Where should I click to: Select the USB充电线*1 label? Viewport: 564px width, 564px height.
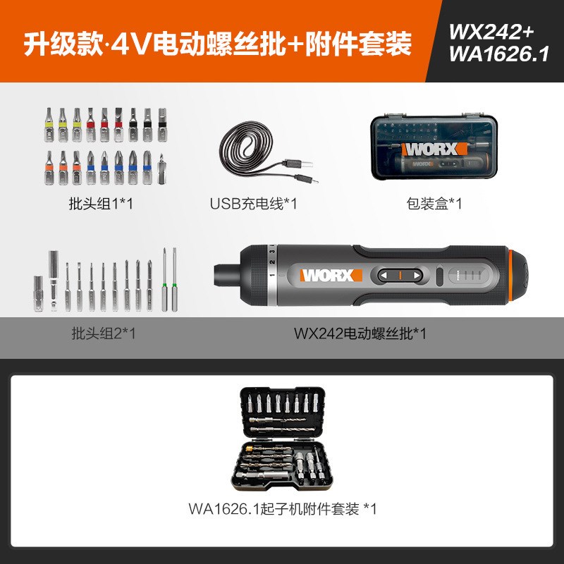pos(254,204)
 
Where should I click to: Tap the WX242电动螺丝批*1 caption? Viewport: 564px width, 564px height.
pos(360,333)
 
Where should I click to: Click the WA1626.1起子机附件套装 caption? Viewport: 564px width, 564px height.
pos(282,507)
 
